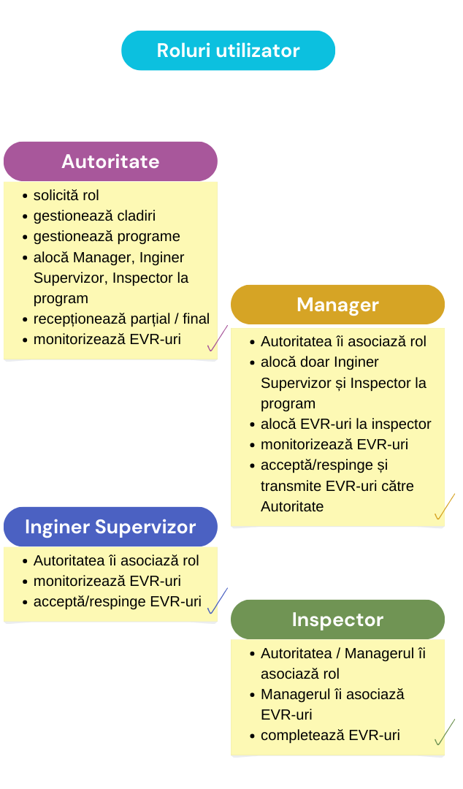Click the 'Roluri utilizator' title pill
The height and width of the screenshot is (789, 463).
pyautogui.click(x=228, y=50)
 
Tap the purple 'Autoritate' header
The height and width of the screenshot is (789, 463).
pyautogui.click(x=110, y=161)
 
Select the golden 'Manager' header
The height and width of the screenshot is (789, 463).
pyautogui.click(x=337, y=305)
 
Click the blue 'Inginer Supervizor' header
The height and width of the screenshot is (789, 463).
pyautogui.click(x=110, y=527)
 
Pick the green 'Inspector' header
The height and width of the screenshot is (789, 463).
pyautogui.click(x=337, y=620)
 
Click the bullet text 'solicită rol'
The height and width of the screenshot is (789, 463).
pyautogui.click(x=66, y=195)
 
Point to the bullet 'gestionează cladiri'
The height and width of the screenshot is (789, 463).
pyautogui.click(x=94, y=216)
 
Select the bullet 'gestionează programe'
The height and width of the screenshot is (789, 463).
pyautogui.click(x=107, y=237)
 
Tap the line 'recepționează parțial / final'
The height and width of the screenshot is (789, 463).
pyautogui.click(x=121, y=319)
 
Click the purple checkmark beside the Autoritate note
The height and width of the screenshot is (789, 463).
pyautogui.click(x=218, y=338)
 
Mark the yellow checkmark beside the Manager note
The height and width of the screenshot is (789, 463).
pyautogui.click(x=445, y=506)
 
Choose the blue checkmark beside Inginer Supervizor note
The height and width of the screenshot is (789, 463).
pyautogui.click(x=218, y=601)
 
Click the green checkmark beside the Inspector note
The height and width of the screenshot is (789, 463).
pyautogui.click(x=445, y=732)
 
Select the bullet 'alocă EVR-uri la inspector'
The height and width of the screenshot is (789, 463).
pyautogui.click(x=345, y=424)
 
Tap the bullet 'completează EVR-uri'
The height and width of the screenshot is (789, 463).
pyautogui.click(x=330, y=735)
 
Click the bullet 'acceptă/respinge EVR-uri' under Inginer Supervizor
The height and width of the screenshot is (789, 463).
pyautogui.click(x=118, y=602)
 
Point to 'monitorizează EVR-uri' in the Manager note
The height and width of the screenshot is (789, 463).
pyautogui.click(x=334, y=445)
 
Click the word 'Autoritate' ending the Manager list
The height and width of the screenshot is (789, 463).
pyautogui.click(x=292, y=507)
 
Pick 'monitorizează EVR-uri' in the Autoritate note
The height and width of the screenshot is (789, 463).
pyautogui.click(x=107, y=340)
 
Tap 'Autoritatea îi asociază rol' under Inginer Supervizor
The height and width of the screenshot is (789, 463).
pyautogui.click(x=116, y=560)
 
